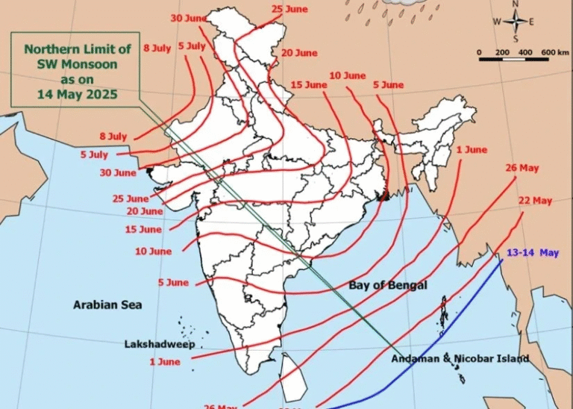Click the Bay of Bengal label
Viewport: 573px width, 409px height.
tap(388, 286)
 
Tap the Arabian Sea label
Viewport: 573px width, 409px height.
tap(107, 305)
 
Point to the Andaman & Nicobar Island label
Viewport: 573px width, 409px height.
tap(460, 358)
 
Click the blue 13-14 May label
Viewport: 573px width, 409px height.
tap(533, 254)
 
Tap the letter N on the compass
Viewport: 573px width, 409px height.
tap(516, 4)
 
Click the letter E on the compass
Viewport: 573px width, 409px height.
tap(532, 21)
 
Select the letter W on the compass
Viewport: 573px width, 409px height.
tap(497, 21)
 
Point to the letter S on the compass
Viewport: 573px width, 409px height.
tap(516, 38)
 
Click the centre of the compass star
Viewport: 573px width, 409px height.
tap(516, 21)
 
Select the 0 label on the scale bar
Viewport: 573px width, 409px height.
tap(480, 52)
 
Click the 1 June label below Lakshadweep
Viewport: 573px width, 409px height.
tap(164, 362)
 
